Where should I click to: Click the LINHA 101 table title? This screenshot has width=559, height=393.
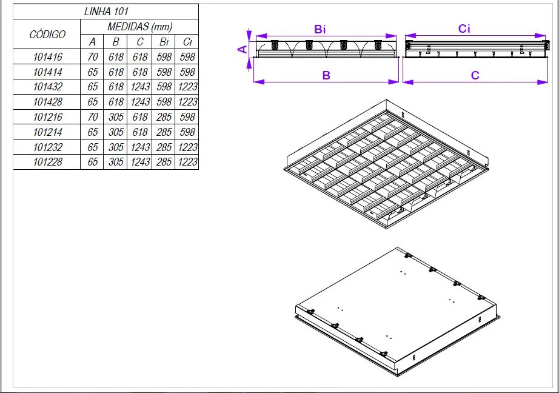[x=106, y=12]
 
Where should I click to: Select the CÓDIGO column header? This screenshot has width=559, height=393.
[x=47, y=34]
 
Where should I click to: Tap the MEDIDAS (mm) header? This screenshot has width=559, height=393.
[x=139, y=27]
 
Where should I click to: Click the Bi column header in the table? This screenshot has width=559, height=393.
[x=164, y=42]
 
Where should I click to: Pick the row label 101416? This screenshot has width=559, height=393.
[x=47, y=56]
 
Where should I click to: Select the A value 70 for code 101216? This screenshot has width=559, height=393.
[x=92, y=117]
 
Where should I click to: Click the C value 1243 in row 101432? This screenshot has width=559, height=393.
[x=140, y=87]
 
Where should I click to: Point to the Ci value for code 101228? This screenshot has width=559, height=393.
[x=187, y=162]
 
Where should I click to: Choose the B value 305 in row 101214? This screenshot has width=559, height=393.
[x=116, y=132]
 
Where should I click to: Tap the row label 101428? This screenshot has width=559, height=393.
[x=47, y=102]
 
